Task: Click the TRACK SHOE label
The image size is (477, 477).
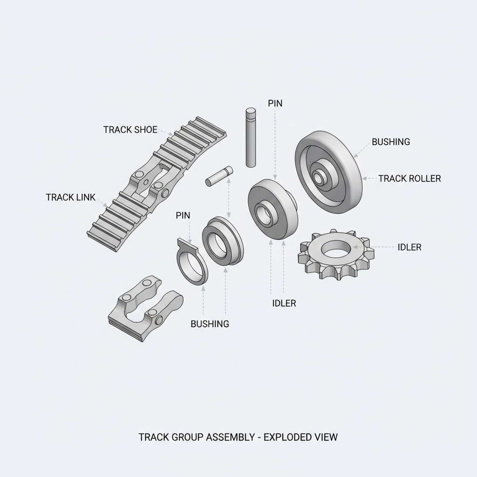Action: coord(130,129)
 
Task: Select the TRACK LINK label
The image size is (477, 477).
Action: coord(70,197)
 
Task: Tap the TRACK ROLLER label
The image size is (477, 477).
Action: coord(409,178)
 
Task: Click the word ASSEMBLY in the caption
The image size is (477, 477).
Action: coord(231,437)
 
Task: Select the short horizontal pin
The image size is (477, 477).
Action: coord(219,176)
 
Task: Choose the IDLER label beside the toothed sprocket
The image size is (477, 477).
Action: coord(409,247)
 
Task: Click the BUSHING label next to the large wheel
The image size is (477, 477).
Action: coord(390,142)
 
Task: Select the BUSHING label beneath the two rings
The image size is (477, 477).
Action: coord(210,324)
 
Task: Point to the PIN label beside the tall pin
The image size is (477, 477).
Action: coord(275,103)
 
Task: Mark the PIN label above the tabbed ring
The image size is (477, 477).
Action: coord(183,215)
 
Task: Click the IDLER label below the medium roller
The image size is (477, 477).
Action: coord(284,303)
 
